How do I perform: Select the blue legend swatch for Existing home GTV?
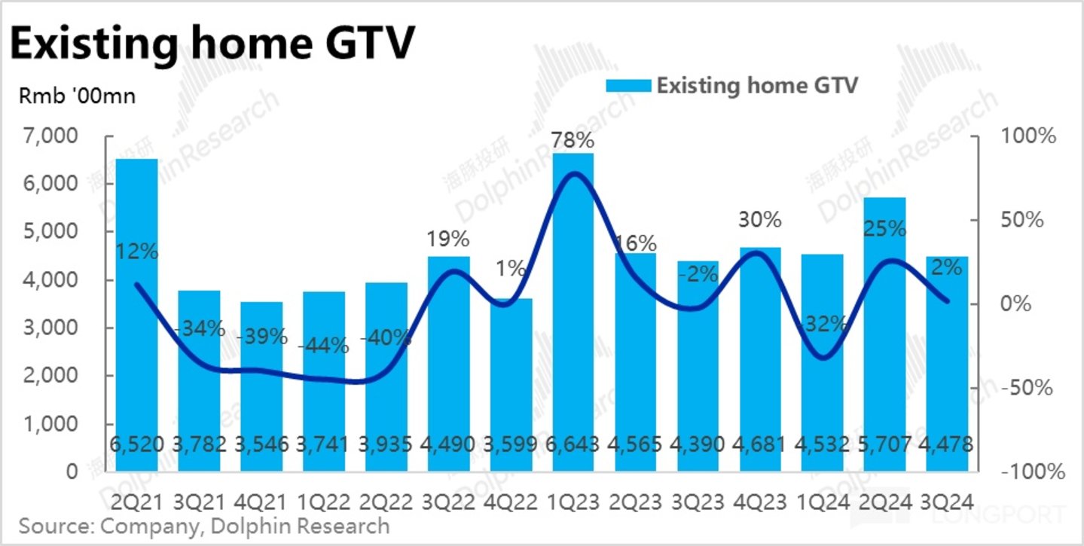pos(628,86)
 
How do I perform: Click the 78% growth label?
pos(573,141)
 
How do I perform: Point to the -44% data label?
pos(323,346)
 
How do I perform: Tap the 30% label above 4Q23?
pos(759,220)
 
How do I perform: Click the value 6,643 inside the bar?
pos(573,444)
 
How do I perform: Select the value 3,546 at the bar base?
pos(261,444)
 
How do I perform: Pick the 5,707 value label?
pos(884,444)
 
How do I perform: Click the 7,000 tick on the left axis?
pos(56,137)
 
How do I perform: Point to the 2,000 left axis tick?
pos(56,377)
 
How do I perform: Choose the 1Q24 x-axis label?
pos(822,501)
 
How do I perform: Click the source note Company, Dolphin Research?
pos(204,526)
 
